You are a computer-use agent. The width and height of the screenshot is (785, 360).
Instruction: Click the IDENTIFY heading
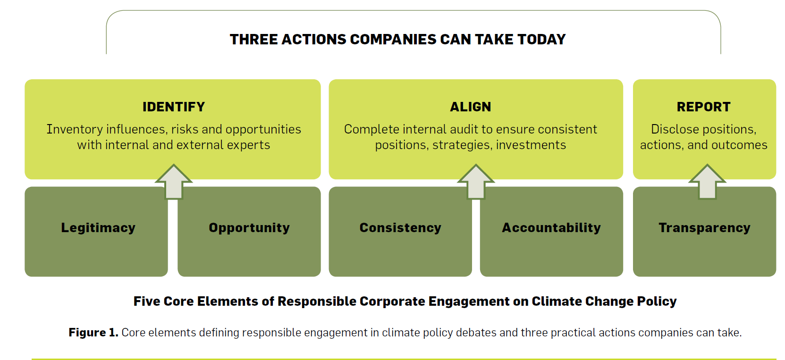[173, 107]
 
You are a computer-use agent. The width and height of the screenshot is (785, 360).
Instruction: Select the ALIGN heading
[470, 107]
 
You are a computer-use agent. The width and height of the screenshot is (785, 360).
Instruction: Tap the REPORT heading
[704, 107]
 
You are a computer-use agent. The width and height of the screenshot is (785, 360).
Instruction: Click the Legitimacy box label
[98, 227]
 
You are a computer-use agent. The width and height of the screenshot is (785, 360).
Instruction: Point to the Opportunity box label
[249, 227]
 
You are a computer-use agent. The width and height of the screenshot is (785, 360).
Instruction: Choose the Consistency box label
[400, 227]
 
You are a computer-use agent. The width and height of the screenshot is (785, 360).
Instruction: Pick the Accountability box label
[551, 227]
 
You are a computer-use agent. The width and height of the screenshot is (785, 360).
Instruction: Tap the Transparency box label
[704, 227]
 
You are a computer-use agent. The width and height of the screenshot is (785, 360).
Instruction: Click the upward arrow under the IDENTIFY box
[174, 182]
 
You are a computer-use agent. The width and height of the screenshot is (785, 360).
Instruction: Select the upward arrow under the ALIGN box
[476, 182]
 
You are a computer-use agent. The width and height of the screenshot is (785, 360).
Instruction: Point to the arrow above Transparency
[707, 182]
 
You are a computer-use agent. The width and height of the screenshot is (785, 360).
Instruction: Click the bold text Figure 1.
[93, 332]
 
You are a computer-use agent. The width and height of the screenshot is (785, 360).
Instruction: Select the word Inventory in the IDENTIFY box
[74, 129]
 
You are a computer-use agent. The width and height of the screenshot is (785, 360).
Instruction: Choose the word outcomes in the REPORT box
[742, 145]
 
